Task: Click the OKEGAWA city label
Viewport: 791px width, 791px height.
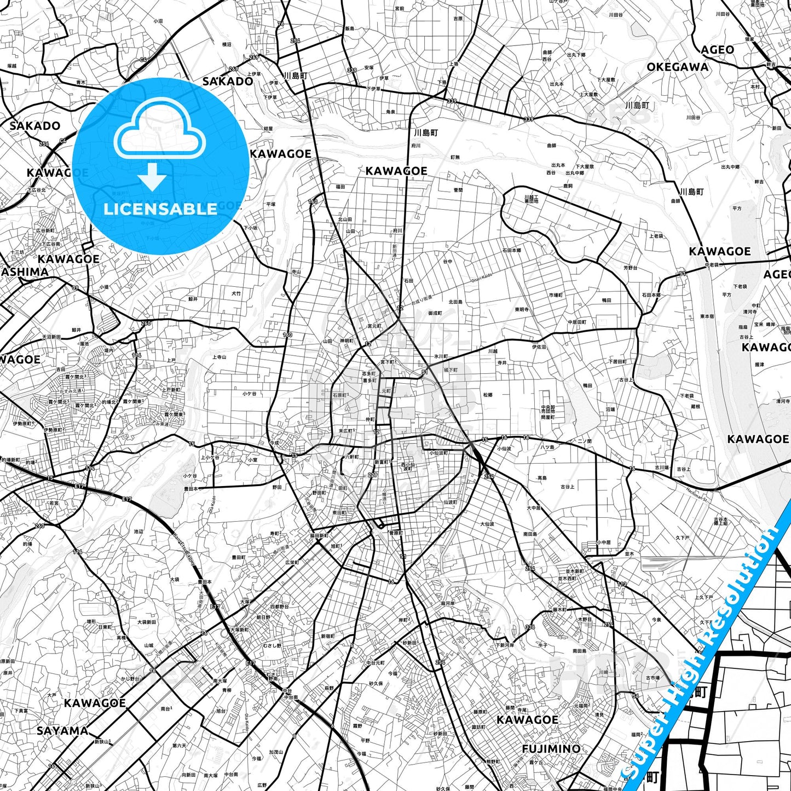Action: (677, 67)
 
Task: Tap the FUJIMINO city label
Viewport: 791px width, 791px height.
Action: (551, 748)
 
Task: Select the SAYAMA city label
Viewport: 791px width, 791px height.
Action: (62, 730)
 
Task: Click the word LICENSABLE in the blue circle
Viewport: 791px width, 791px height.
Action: (160, 209)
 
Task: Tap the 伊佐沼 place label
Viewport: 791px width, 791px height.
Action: (539, 347)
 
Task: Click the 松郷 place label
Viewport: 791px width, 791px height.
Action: (487, 395)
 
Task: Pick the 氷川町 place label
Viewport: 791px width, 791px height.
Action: (441, 356)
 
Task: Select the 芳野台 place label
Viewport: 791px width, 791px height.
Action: (630, 268)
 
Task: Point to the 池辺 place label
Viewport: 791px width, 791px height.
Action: (138, 532)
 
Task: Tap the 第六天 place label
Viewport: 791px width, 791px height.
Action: (180, 745)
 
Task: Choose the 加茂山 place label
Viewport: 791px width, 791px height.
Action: (276, 752)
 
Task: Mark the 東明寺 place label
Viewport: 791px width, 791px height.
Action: (521, 309)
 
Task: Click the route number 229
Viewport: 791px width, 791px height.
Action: (373, 475)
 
